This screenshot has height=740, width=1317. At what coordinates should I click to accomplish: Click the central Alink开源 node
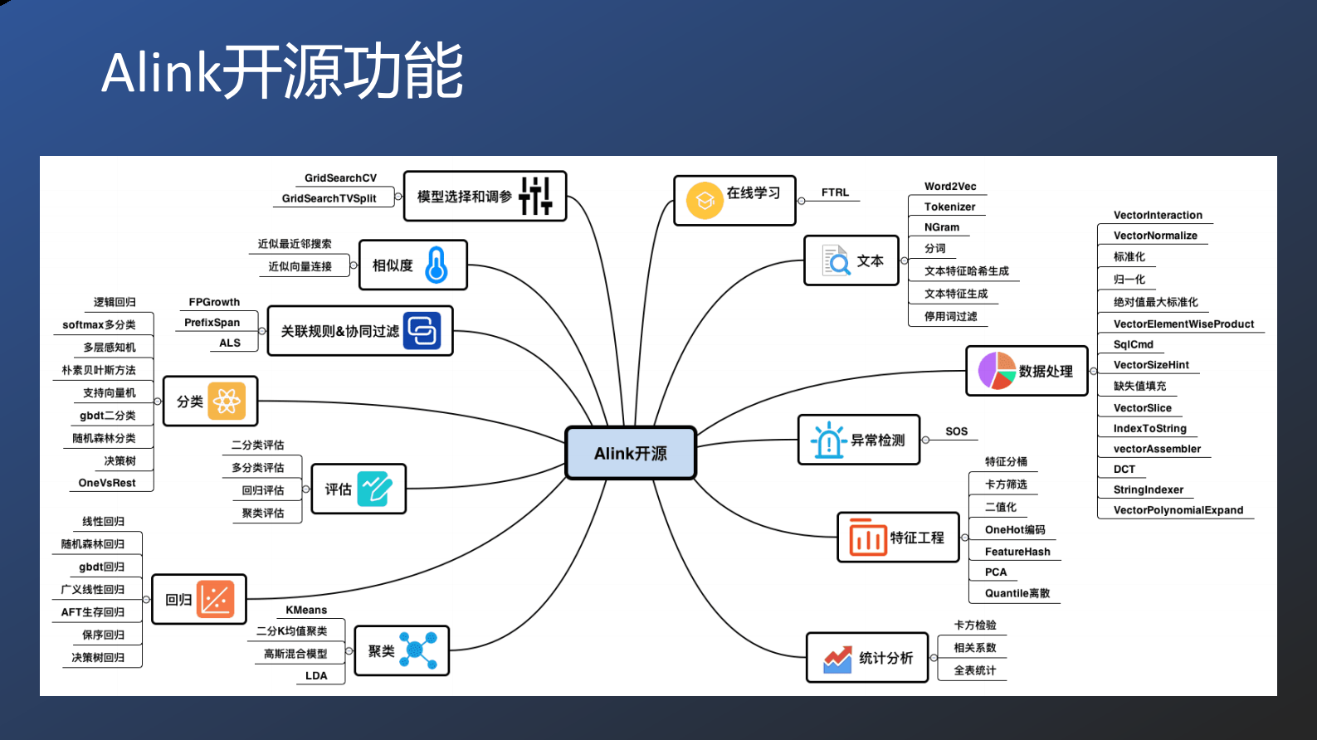(x=631, y=453)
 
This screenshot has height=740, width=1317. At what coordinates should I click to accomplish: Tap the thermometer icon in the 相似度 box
(x=437, y=265)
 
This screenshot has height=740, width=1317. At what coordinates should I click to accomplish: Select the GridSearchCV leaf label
(x=340, y=178)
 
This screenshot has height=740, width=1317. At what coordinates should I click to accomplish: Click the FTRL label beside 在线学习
(x=835, y=192)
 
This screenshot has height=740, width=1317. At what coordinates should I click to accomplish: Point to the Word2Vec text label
(x=950, y=187)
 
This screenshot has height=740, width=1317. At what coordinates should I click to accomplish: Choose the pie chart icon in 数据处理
(x=997, y=371)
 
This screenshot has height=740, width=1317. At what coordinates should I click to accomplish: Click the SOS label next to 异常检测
(x=956, y=431)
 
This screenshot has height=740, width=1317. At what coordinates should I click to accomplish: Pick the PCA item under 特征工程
(x=996, y=572)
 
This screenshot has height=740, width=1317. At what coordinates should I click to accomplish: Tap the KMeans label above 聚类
(x=306, y=610)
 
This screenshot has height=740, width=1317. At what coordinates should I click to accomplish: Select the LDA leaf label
(x=316, y=675)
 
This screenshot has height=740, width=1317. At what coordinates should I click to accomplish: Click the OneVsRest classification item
(x=107, y=483)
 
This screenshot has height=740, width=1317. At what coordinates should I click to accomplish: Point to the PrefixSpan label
(x=212, y=323)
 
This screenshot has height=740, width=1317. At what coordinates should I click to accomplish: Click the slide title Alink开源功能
(x=282, y=72)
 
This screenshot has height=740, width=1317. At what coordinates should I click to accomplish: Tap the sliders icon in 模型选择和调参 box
(x=535, y=197)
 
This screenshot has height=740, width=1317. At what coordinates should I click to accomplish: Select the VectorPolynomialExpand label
(x=1178, y=510)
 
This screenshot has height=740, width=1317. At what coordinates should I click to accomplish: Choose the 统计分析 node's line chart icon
(x=837, y=659)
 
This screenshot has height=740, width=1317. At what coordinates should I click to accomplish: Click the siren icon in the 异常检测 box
(x=828, y=440)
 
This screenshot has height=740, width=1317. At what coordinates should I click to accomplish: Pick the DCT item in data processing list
(x=1124, y=470)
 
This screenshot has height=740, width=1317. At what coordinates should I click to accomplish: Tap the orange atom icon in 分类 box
(x=227, y=402)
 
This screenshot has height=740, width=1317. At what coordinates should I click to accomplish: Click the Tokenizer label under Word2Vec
(x=949, y=207)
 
